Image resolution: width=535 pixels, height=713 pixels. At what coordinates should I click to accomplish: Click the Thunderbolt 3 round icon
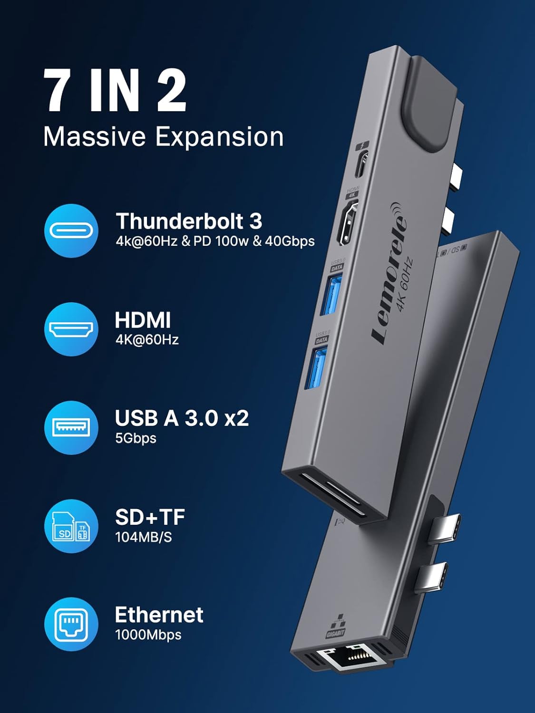click(71, 231)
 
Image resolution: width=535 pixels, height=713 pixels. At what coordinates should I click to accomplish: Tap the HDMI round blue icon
click(71, 329)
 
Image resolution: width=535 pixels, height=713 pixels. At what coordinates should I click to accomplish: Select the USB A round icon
click(71, 427)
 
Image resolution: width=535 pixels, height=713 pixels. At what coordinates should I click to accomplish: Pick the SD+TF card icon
click(71, 526)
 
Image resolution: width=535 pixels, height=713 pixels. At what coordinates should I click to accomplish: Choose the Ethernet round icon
click(71, 624)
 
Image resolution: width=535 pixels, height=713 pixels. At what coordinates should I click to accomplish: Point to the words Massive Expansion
click(163, 136)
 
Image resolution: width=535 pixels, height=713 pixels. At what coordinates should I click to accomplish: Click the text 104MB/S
click(143, 537)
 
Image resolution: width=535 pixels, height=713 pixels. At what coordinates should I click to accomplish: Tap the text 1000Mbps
click(148, 635)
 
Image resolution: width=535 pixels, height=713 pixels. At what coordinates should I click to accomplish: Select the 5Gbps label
click(136, 438)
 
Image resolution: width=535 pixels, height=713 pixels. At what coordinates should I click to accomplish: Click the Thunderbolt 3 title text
click(189, 221)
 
